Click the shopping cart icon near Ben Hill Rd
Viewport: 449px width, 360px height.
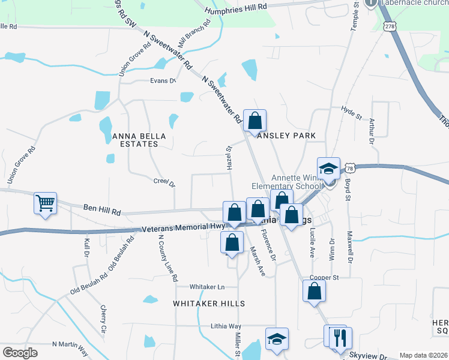[x=45, y=204]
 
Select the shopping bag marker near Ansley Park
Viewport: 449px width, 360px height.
[x=255, y=121]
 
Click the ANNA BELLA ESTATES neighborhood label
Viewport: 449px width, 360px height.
[x=139, y=140]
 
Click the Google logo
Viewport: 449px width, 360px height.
[x=20, y=353]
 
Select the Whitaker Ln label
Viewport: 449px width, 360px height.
[x=207, y=287]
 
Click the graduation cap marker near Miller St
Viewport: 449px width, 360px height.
[x=277, y=339]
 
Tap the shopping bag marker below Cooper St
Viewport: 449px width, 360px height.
[x=314, y=292]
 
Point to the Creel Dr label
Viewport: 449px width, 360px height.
[x=164, y=181]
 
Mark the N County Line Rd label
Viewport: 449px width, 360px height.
[x=167, y=258]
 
